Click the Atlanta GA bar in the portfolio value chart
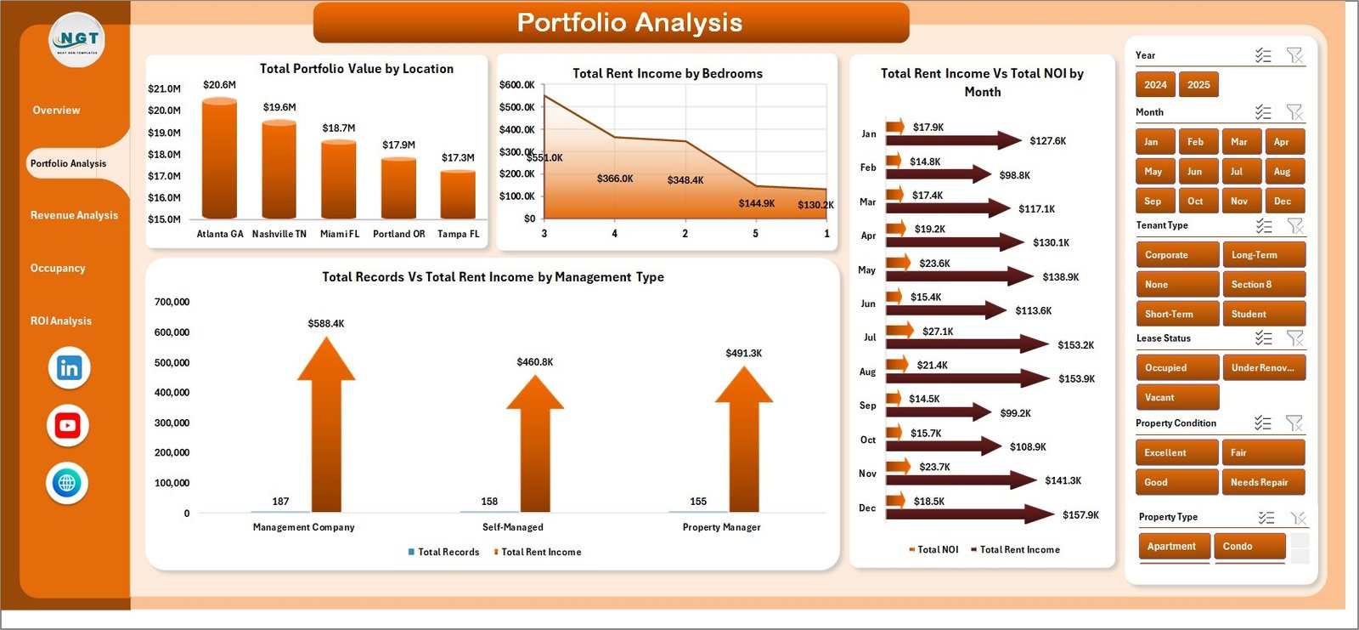pos(219,159)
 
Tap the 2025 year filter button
pos(1198,84)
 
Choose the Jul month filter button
pos(1237,172)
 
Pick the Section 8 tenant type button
pos(1262,285)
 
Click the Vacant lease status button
pos(1176,397)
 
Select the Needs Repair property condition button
pos(1262,482)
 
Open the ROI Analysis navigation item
pos(61,321)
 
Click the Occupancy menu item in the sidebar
pos(58,268)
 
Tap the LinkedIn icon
pos(69,368)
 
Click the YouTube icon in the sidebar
pos(68,425)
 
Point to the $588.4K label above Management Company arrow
pos(326,324)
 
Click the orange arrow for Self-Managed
pos(535,442)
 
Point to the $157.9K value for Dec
pos(1080,515)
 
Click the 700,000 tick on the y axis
pos(172,302)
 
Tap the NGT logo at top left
pos(77,40)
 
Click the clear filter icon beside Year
pos(1294,55)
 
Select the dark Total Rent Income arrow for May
pos(960,276)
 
